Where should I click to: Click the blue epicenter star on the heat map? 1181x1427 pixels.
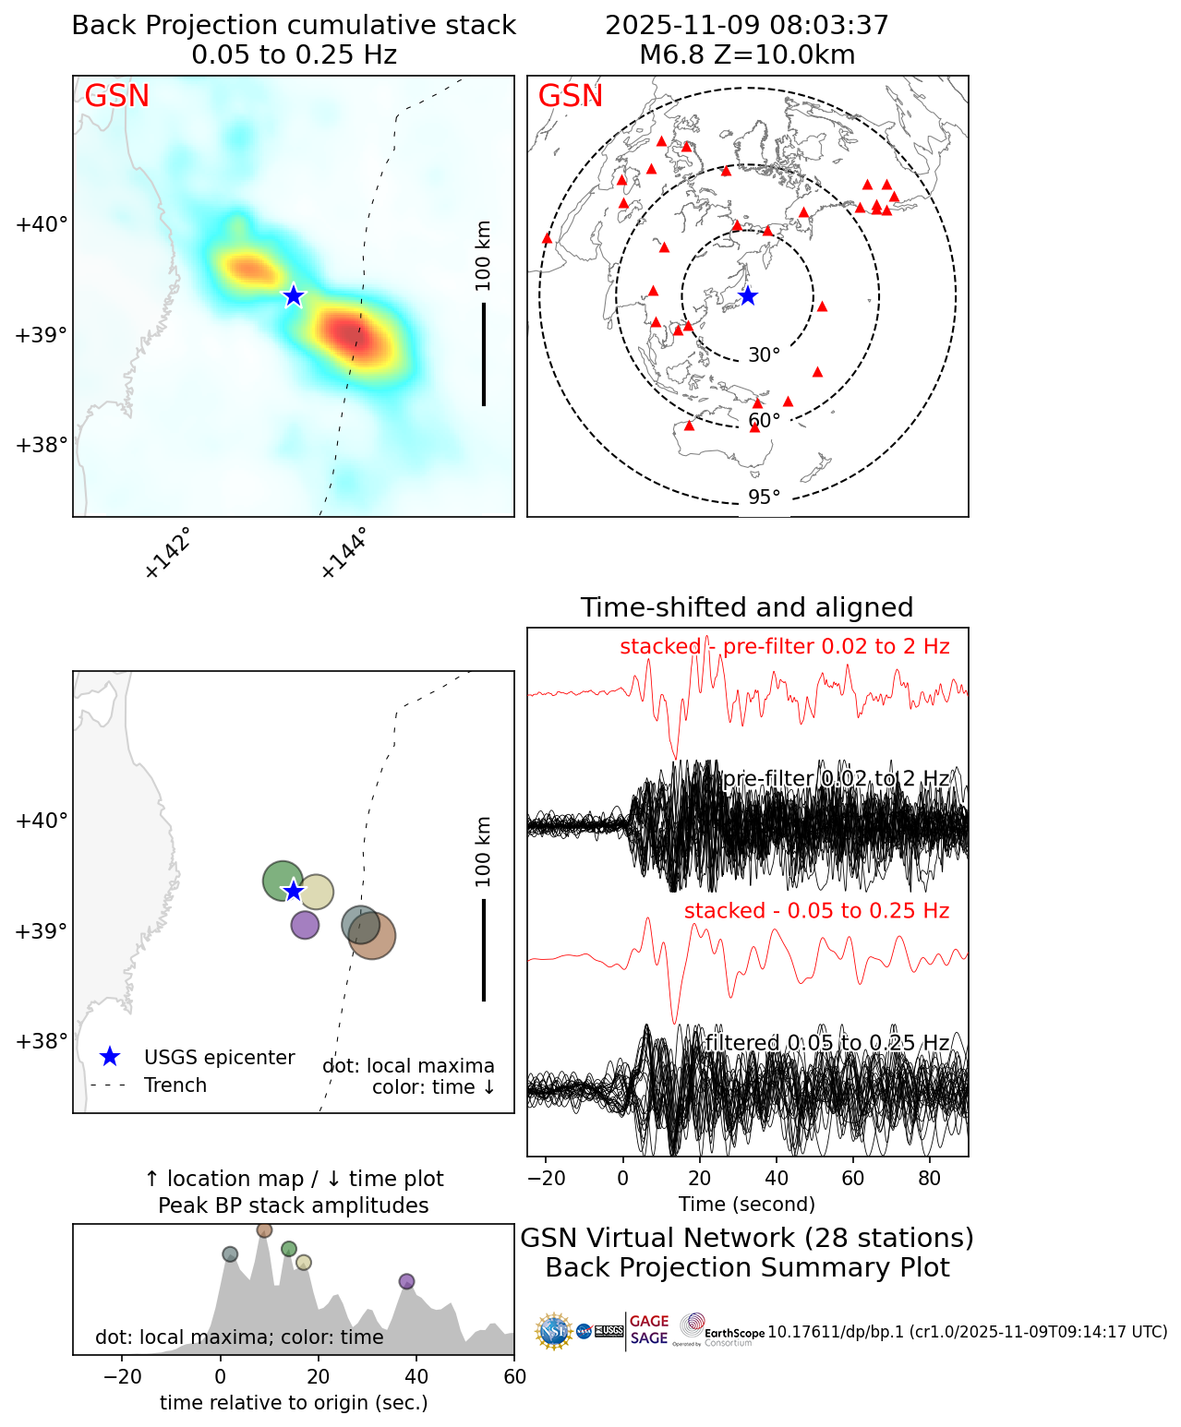[294, 295]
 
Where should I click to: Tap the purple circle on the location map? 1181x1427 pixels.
[305, 924]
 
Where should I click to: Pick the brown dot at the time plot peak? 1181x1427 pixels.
[265, 1229]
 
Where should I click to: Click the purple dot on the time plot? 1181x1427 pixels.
[406, 1281]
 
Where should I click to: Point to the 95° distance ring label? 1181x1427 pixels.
[764, 498]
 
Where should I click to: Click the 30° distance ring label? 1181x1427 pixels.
[764, 355]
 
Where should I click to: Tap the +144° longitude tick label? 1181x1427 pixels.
[343, 553]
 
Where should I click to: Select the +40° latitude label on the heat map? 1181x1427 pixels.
[42, 224]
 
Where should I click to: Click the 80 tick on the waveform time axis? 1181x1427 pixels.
[930, 1179]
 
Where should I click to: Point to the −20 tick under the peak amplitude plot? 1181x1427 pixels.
[122, 1377]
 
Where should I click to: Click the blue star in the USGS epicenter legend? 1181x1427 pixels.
[110, 1057]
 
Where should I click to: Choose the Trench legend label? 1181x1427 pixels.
[175, 1085]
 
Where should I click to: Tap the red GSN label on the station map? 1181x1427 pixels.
[571, 96]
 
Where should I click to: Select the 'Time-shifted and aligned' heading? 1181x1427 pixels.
[747, 607]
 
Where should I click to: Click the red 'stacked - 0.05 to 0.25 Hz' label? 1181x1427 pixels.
[816, 911]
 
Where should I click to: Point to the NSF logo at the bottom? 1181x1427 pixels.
[554, 1331]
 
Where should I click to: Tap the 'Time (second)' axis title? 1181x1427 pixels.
[747, 1204]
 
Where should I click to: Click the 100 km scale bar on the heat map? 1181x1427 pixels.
[484, 354]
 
